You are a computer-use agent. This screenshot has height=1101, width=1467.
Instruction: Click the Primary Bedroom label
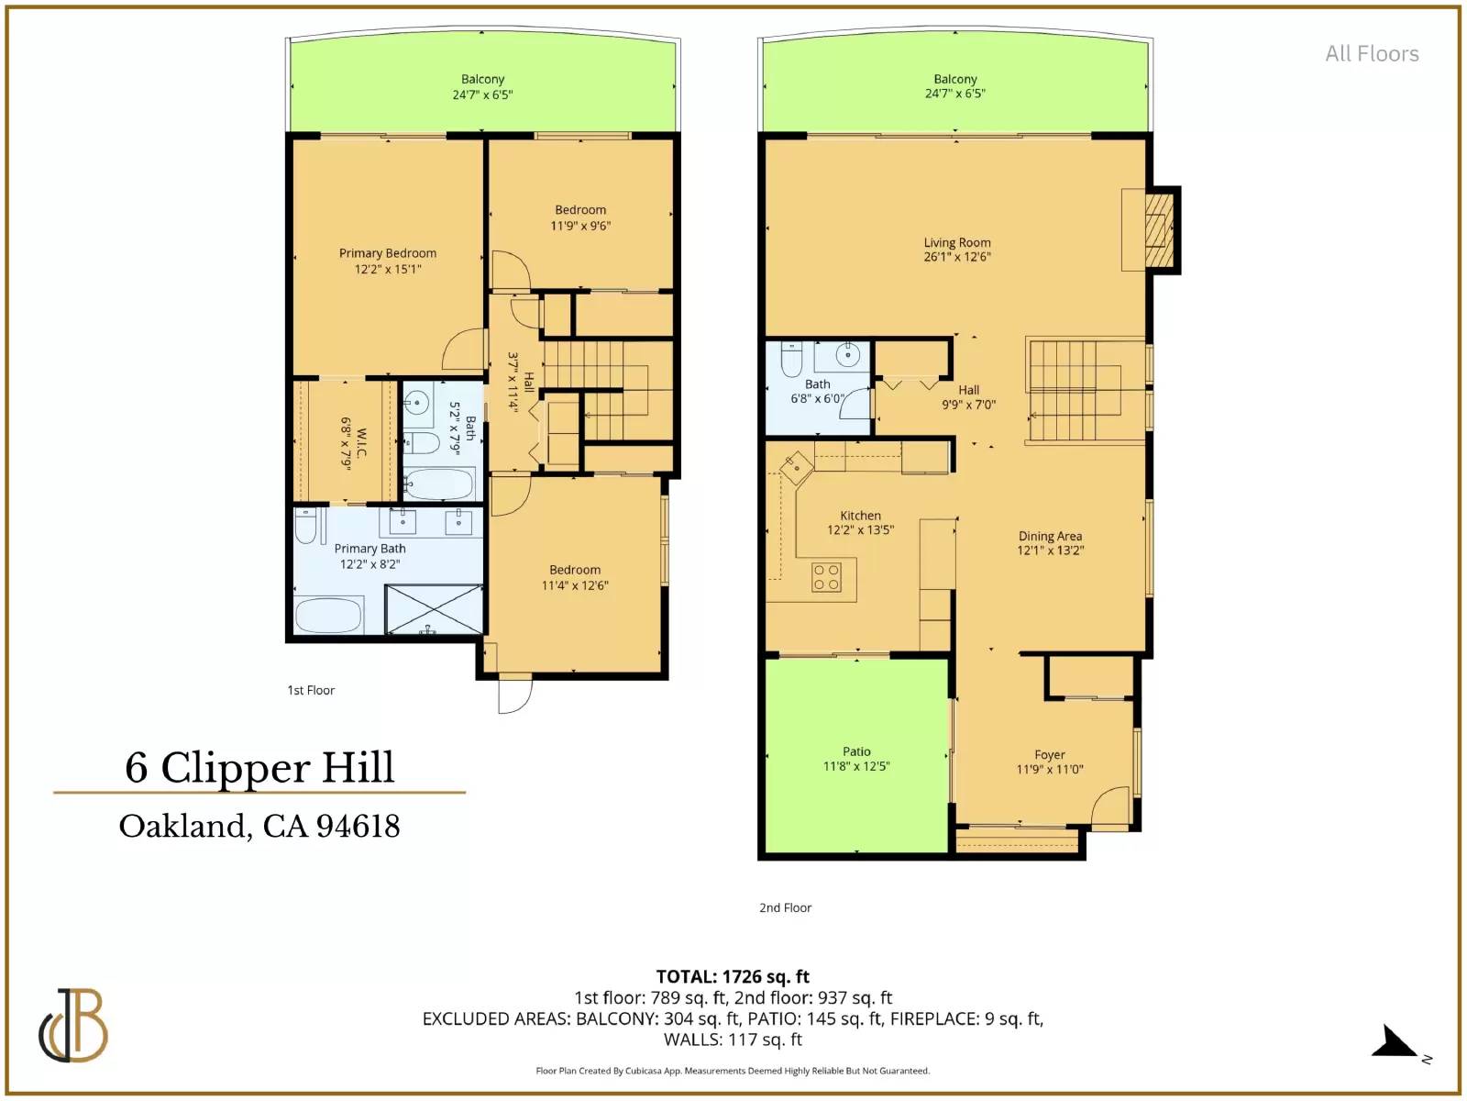tap(388, 253)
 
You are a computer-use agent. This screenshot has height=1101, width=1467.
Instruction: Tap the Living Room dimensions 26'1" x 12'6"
tap(957, 257)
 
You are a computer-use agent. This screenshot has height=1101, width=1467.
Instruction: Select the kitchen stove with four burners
tap(826, 578)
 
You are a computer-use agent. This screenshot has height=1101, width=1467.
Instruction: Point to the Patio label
tap(856, 751)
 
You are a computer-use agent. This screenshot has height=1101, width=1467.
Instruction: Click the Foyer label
tap(1050, 755)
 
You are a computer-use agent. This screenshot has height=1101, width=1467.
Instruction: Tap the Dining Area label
tap(1050, 536)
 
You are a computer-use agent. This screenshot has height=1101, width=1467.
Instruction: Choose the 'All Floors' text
tap(1372, 53)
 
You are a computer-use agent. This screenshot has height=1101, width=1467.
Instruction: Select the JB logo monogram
tap(73, 1026)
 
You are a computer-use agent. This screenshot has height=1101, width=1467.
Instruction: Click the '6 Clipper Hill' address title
tap(260, 767)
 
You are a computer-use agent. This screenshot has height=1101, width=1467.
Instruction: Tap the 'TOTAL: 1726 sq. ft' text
tap(733, 976)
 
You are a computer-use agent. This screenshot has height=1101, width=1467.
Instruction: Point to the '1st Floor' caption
tap(311, 691)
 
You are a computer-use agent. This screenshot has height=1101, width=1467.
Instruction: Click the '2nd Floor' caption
tap(785, 907)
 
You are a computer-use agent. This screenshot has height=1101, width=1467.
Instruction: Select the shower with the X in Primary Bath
tap(435, 609)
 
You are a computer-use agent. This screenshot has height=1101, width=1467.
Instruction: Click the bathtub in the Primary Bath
tap(329, 615)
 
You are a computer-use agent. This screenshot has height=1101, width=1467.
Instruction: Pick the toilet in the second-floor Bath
tap(791, 361)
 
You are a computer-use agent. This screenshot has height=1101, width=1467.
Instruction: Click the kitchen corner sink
tap(797, 466)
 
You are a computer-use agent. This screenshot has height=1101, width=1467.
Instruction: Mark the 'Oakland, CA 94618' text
tap(260, 827)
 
